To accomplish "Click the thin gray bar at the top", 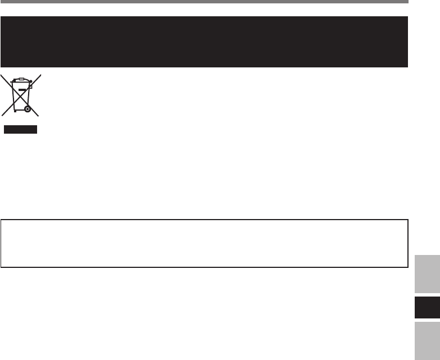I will coord(203,2).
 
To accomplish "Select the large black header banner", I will coord(203,42).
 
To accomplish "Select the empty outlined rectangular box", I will coord(203,243).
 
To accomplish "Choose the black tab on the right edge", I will coord(426,308).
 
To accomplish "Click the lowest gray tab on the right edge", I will coord(426,340).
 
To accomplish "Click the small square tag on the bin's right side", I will coord(31,87).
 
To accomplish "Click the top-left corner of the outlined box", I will coord(2,220).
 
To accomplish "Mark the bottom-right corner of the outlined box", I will coord(407,267).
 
